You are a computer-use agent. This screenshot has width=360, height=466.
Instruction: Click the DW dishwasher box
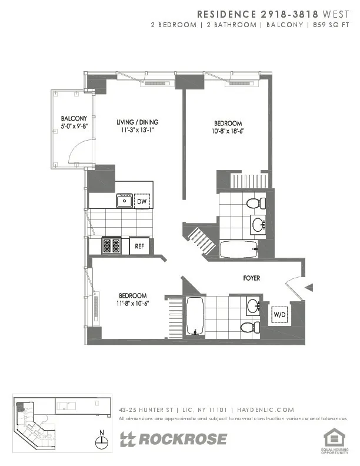(141, 202)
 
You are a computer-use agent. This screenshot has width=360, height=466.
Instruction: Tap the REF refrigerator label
(139, 246)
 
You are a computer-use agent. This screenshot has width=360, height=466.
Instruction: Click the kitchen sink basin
(124, 201)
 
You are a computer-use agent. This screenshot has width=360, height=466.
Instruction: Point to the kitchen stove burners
(111, 245)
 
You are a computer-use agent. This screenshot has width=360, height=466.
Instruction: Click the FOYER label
(252, 278)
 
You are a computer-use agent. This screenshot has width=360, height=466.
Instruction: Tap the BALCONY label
(74, 118)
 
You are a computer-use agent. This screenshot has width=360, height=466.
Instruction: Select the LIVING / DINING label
(137, 122)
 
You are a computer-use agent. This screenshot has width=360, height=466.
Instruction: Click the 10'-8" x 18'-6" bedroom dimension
(228, 131)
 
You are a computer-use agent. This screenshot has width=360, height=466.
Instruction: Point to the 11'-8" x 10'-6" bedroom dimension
(132, 304)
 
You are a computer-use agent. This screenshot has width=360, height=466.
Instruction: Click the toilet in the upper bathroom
(254, 204)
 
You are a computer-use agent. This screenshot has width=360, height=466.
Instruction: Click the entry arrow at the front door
(309, 287)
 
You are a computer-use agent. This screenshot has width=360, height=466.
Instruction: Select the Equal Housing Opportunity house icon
(333, 437)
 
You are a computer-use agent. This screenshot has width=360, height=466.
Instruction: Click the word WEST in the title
(339, 13)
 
